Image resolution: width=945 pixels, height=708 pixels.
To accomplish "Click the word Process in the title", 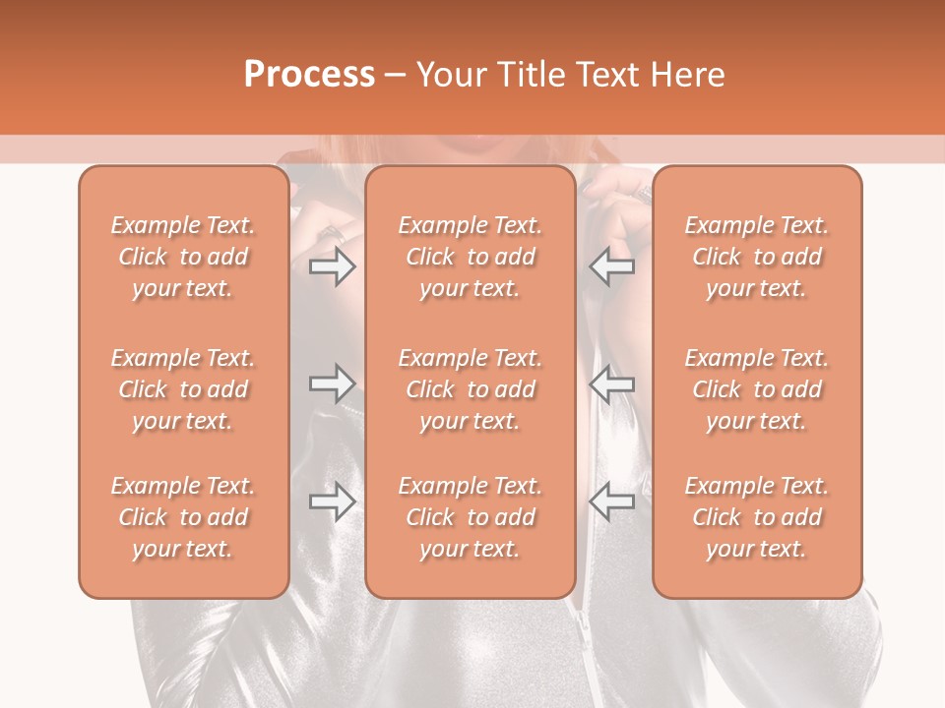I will click(309, 75).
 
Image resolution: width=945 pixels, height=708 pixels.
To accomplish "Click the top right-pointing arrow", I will click(333, 266).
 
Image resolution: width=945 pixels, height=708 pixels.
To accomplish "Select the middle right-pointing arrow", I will click(333, 383).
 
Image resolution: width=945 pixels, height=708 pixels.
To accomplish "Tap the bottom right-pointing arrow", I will click(333, 501).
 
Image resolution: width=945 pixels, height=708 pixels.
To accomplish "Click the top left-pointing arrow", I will click(612, 266).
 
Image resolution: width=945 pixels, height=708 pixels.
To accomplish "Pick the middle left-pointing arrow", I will click(612, 383).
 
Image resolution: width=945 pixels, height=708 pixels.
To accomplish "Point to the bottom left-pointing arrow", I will click(612, 501).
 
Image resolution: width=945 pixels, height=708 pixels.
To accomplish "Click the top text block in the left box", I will click(183, 257).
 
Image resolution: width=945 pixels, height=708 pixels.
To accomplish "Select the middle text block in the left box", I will click(183, 389).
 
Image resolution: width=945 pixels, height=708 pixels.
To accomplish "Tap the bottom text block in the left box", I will click(183, 517).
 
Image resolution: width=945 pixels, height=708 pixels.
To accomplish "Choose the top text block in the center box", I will click(471, 257).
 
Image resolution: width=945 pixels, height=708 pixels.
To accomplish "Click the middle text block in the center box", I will click(471, 389).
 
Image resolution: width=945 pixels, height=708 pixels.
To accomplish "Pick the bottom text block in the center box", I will click(471, 517).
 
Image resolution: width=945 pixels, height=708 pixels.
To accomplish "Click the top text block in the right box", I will click(757, 257).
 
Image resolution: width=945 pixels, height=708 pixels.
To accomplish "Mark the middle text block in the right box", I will click(757, 389).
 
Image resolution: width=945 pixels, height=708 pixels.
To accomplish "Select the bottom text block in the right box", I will click(757, 517).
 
